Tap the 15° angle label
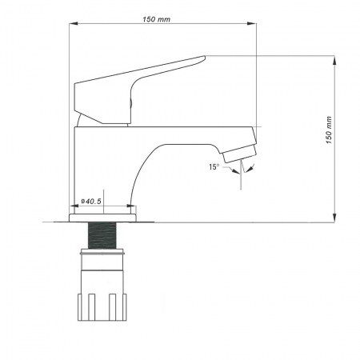coord(214,166)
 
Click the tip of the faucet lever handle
coord(202,58)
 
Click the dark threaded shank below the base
coord(103,235)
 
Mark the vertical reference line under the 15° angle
coord(241,180)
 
